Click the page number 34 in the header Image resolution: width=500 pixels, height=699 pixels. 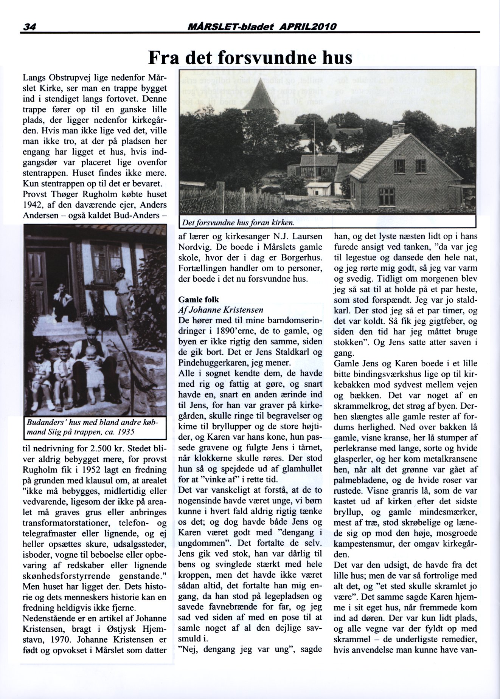point(29,27)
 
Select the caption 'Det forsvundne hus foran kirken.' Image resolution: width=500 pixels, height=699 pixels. point(238,223)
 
